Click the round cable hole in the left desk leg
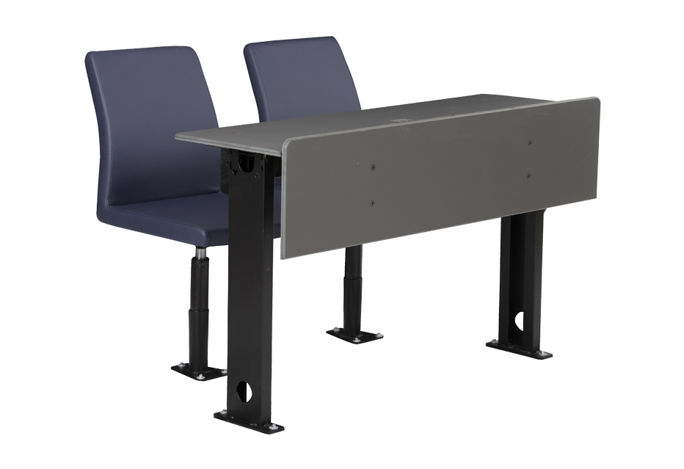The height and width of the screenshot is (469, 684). pyautogui.click(x=248, y=390)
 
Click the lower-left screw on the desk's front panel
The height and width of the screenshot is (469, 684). pyautogui.click(x=373, y=202)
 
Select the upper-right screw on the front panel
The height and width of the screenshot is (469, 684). pyautogui.click(x=529, y=142)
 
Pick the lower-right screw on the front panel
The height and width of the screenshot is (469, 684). pyautogui.click(x=529, y=175)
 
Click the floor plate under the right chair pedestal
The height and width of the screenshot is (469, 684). pyautogui.click(x=354, y=335)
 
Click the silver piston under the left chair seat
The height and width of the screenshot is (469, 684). pyautogui.click(x=199, y=256)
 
